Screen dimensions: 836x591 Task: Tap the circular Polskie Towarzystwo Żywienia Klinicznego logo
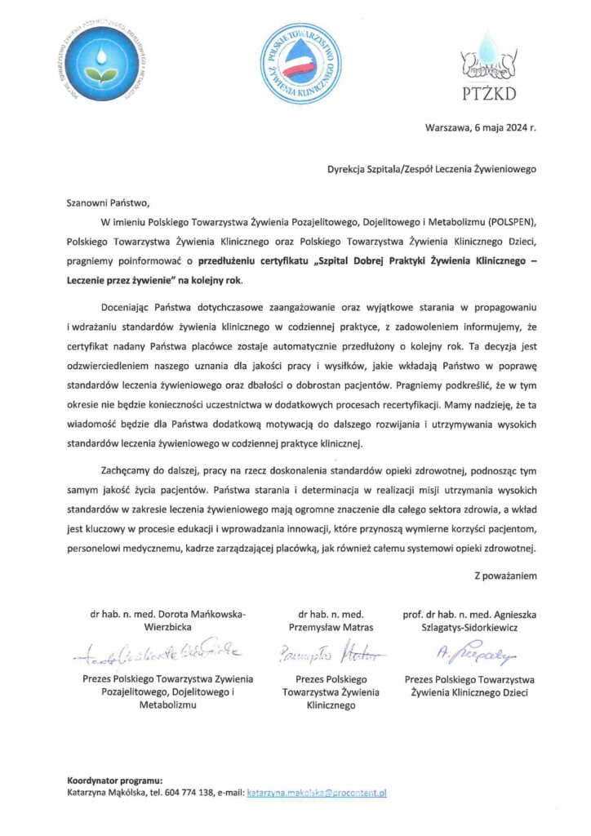coord(300,64)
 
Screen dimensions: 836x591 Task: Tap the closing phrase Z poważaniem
coord(505,576)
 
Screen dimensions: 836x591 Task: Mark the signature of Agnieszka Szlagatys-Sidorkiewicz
coord(464,651)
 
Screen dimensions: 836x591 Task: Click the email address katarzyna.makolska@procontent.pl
coord(316,792)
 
